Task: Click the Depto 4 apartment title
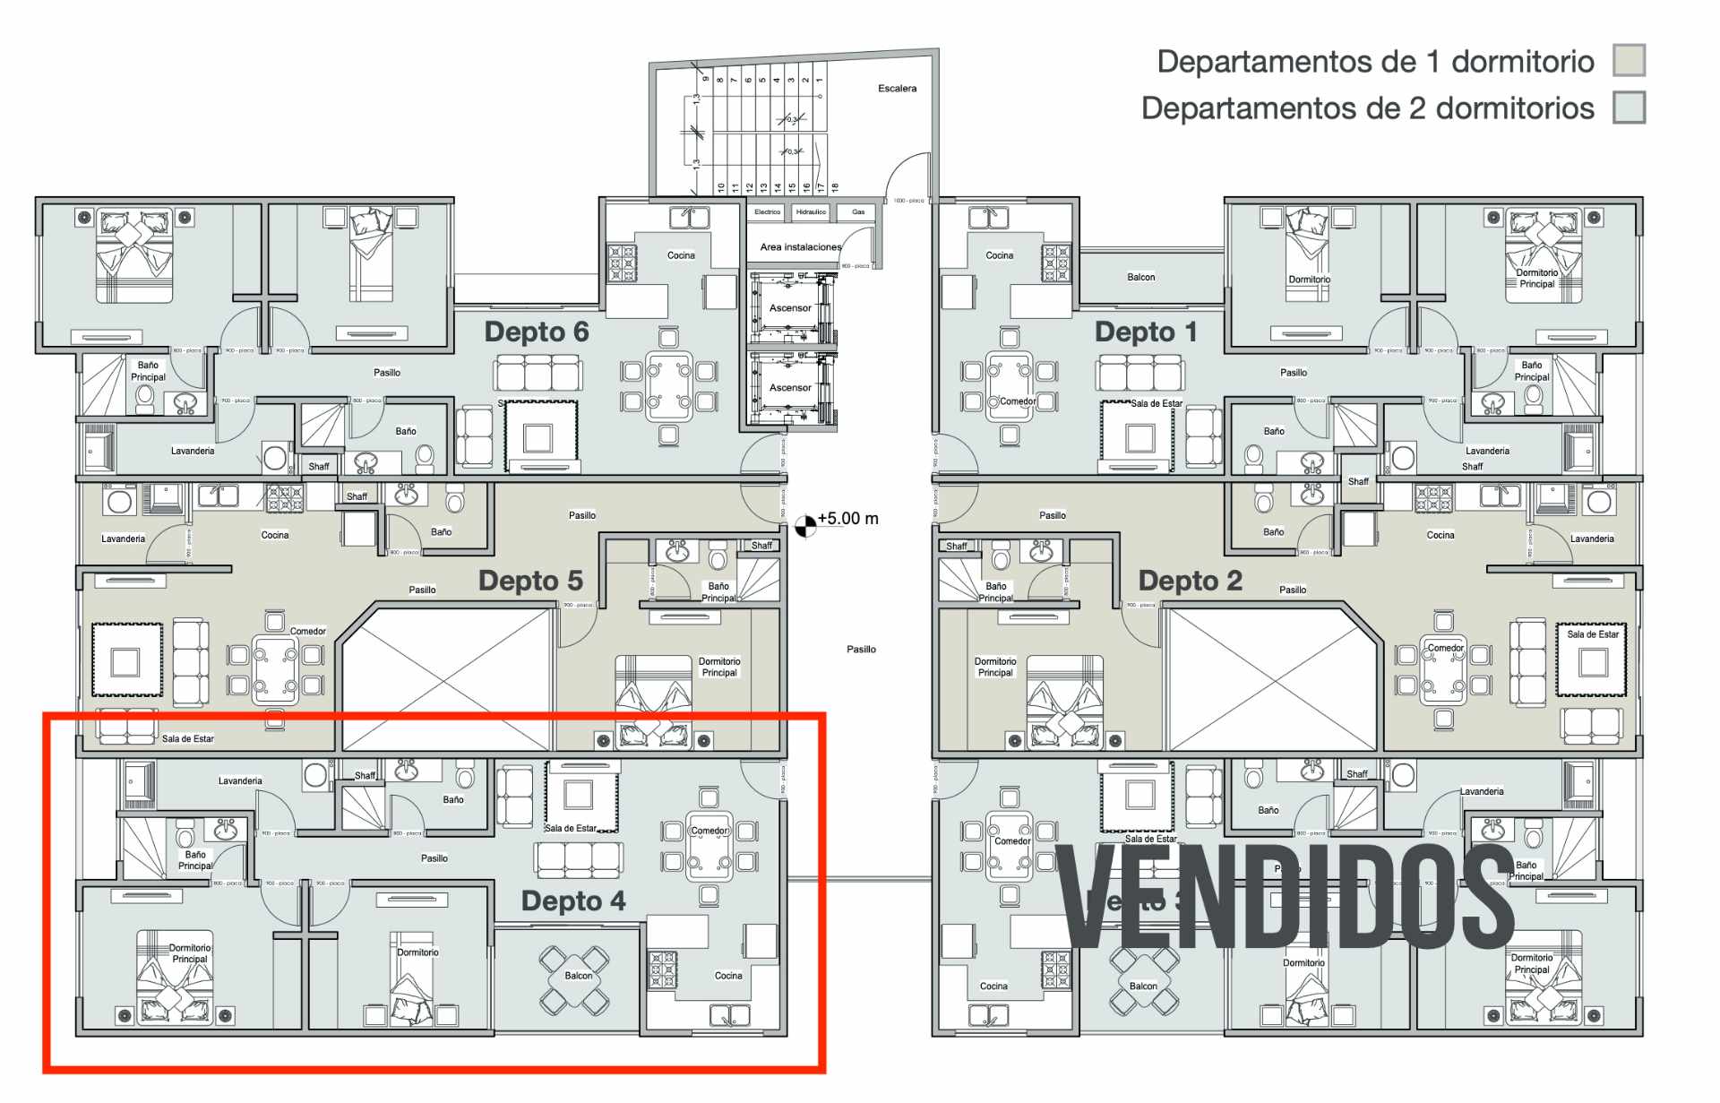(573, 900)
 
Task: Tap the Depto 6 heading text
(536, 332)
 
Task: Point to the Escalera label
(897, 88)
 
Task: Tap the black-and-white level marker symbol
(805, 526)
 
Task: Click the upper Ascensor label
(790, 308)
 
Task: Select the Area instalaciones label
(801, 247)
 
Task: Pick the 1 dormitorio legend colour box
(1629, 61)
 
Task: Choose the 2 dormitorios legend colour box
(1629, 108)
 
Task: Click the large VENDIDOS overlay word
(1286, 896)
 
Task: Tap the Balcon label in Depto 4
(578, 976)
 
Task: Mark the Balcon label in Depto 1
(1140, 277)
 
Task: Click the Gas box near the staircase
(858, 212)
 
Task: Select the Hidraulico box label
(811, 212)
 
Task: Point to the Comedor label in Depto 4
(709, 831)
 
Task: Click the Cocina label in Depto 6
(681, 255)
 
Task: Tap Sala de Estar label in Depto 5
(187, 738)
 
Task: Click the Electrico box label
(767, 212)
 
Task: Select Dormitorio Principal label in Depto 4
(190, 953)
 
